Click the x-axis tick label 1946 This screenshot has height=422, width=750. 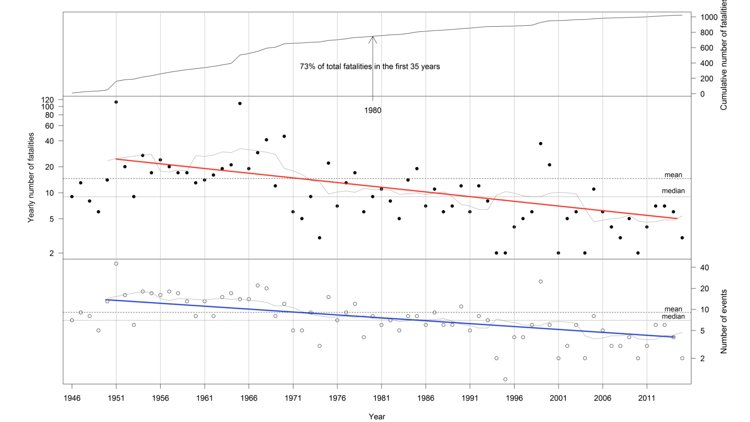(72, 398)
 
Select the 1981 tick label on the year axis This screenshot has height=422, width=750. (381, 398)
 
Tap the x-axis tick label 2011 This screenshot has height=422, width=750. (646, 398)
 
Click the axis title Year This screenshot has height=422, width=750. (377, 416)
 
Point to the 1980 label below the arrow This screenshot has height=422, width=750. (373, 111)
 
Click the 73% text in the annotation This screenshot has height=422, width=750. (307, 67)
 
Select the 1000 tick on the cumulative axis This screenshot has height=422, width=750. (709, 17)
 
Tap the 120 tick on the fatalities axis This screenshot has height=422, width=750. (47, 100)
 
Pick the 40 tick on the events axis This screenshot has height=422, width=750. (704, 268)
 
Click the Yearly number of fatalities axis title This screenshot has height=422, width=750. (31, 177)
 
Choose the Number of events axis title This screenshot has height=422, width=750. (724, 321)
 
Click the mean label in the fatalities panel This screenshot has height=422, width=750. (673, 175)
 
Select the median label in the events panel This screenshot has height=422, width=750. (673, 316)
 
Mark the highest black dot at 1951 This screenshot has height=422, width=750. (116, 102)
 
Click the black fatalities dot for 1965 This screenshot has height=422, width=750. (240, 103)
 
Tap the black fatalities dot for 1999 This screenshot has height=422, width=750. (540, 143)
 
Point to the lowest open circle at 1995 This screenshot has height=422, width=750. (505, 379)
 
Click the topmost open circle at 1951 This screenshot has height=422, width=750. (116, 264)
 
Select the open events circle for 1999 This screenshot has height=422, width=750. (540, 281)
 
